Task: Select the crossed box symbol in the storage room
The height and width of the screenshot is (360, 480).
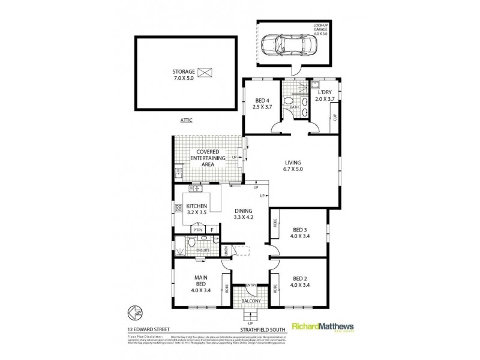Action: (x=206, y=73)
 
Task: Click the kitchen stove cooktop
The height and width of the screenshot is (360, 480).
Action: (x=179, y=209)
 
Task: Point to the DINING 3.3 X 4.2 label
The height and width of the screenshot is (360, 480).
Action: (x=245, y=214)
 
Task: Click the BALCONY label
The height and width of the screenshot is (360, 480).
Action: (x=251, y=301)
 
